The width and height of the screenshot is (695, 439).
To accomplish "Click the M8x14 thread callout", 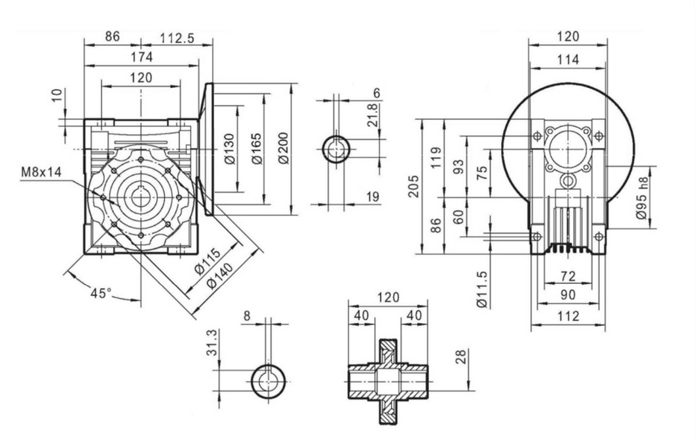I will pyautogui.click(x=41, y=172).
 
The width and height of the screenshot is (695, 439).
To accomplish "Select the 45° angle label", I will pyautogui.click(x=101, y=293).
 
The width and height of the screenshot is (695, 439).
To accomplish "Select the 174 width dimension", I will pyautogui.click(x=141, y=58).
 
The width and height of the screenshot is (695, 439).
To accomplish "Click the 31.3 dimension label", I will pyautogui.click(x=212, y=343).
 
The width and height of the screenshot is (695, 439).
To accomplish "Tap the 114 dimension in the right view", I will pyautogui.click(x=568, y=60).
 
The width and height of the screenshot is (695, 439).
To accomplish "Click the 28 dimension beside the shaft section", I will pyautogui.click(x=461, y=358).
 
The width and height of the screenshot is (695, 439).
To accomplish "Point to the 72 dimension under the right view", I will pyautogui.click(x=568, y=277).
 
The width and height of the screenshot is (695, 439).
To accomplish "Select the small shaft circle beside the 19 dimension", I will pyautogui.click(x=337, y=150).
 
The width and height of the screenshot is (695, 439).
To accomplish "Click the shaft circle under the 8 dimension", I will pyautogui.click(x=269, y=380).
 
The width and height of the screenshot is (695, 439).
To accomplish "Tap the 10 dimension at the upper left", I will pyautogui.click(x=58, y=96).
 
